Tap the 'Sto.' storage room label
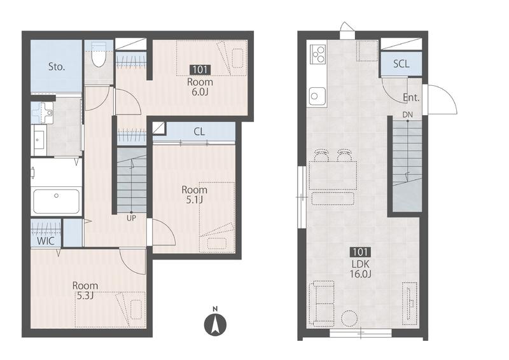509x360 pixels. pos(57,67)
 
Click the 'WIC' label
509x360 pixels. pos(46,241)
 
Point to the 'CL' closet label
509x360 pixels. pos(199,132)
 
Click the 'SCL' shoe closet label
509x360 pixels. pos(401,64)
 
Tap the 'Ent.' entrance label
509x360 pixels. pos(411,97)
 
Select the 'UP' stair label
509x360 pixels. pos(131,218)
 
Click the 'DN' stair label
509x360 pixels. pos(408,114)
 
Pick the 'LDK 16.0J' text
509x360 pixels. pos(360,269)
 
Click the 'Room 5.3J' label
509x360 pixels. pos(85,291)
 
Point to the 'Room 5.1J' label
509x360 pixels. pos(194,195)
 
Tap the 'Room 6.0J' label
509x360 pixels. pos(200,87)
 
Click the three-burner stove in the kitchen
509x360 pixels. pos(317,53)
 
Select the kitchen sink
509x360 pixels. pos(317,96)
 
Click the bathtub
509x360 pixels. pos(57,202)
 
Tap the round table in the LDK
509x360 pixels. pos(349,318)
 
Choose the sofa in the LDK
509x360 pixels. pos(322,303)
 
